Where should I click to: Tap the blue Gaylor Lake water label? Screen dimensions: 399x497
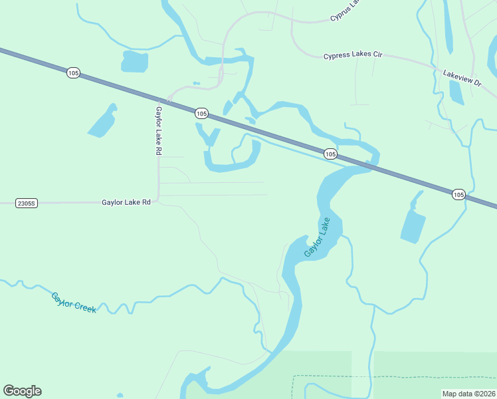318,238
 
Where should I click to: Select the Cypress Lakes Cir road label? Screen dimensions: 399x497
353,57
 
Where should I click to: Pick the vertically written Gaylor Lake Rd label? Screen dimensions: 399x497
159,130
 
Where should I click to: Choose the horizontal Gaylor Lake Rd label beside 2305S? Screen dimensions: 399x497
126,201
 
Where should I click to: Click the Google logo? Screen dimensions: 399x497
22,391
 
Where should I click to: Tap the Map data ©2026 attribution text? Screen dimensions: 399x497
468,394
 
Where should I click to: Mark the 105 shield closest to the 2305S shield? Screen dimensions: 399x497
72,72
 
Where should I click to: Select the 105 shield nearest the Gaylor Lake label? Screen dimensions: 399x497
331,154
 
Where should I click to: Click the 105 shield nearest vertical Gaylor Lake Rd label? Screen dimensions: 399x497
202,114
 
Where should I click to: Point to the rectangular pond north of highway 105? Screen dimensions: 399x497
134,61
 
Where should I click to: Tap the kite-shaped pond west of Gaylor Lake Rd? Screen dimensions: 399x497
102,122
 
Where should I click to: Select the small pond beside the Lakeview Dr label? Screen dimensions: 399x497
456,93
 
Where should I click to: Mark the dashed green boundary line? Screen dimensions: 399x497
399,377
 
